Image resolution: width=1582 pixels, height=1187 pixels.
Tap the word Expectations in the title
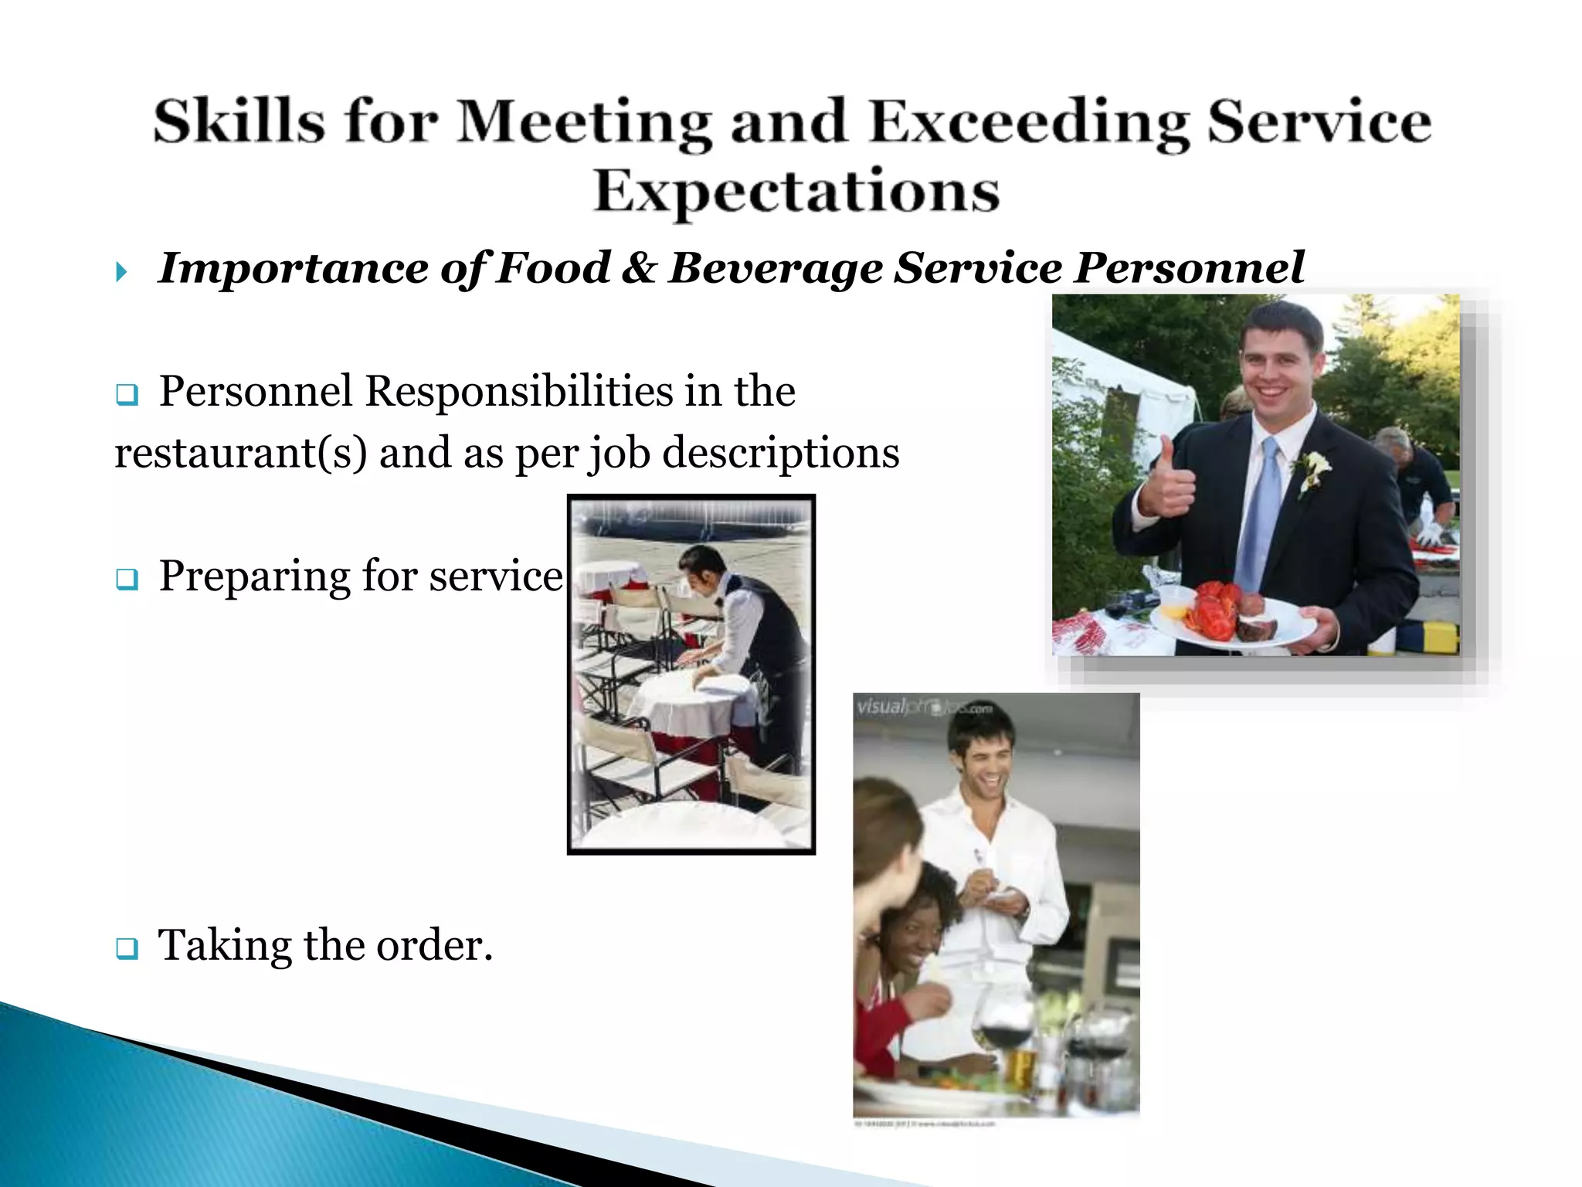click(796, 191)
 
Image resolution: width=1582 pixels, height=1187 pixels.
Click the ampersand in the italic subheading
click(639, 268)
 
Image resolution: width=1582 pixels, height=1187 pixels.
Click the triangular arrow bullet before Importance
click(121, 271)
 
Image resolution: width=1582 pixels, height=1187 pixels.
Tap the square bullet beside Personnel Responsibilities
click(127, 396)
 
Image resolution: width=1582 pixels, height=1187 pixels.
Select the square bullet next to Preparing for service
click(127, 579)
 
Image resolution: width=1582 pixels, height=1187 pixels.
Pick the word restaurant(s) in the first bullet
click(240, 454)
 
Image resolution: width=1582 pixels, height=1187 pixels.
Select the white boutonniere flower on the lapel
click(1314, 467)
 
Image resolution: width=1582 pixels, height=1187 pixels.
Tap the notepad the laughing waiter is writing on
click(1001, 896)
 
